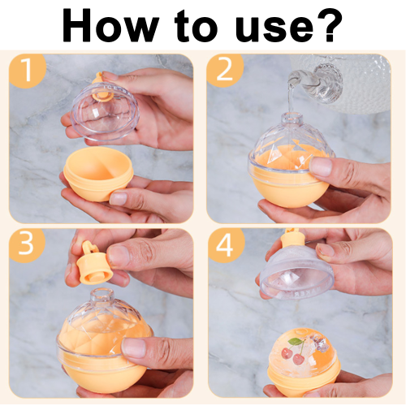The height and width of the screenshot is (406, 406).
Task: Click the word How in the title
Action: click(x=110, y=25)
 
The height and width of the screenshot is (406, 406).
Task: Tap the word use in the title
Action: click(x=274, y=29)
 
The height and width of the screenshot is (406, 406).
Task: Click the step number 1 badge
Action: click(x=27, y=71)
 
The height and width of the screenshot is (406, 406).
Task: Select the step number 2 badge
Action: click(x=225, y=71)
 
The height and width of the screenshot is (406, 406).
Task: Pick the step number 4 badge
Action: click(x=225, y=245)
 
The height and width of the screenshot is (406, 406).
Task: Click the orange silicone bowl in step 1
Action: click(x=98, y=173)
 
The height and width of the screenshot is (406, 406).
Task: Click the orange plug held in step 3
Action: click(x=94, y=262)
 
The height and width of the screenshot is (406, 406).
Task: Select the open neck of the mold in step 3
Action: click(x=101, y=295)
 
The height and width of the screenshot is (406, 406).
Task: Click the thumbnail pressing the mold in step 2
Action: click(x=321, y=165)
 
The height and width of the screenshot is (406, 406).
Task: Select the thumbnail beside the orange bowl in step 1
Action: click(x=119, y=198)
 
